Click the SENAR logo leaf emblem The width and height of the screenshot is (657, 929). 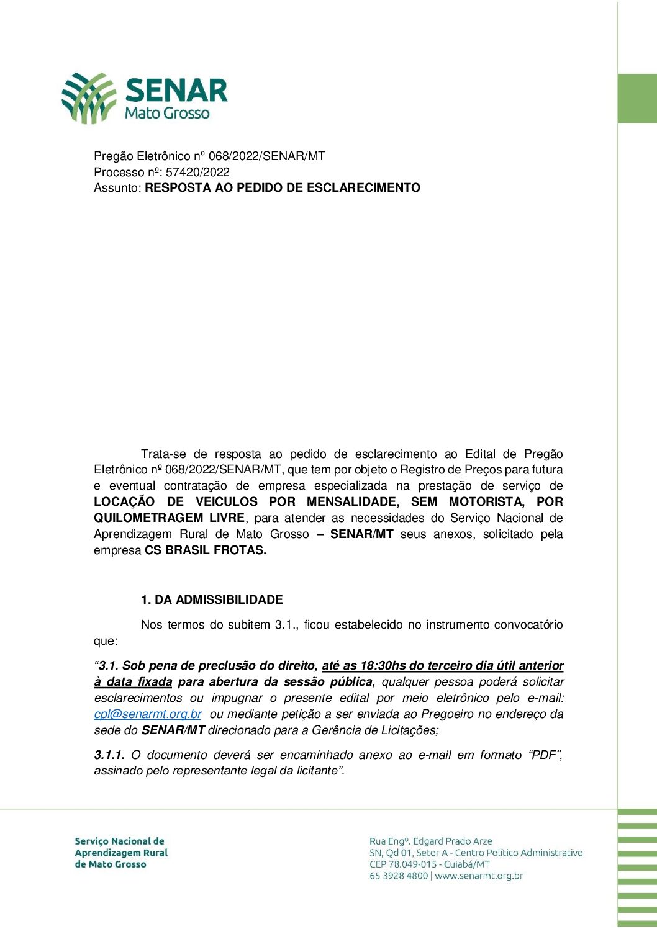pyautogui.click(x=89, y=98)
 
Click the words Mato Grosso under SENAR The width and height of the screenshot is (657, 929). pyautogui.click(x=167, y=113)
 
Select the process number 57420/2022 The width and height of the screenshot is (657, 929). pyautogui.click(x=197, y=172)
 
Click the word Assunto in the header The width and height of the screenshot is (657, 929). pyautogui.click(x=117, y=187)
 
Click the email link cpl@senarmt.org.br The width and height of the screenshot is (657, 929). pyautogui.click(x=148, y=714)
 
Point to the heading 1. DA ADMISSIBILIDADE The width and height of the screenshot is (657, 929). pyautogui.click(x=212, y=599)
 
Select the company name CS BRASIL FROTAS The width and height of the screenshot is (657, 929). pyautogui.click(x=205, y=550)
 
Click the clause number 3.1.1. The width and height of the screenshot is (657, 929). pyautogui.click(x=109, y=755)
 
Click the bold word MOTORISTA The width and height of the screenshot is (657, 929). pyautogui.click(x=486, y=501)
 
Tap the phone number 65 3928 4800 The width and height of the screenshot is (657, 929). pyautogui.click(x=399, y=876)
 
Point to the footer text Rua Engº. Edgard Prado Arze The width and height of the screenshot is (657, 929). pyautogui.click(x=430, y=841)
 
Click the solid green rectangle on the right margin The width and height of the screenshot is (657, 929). pyautogui.click(x=637, y=98)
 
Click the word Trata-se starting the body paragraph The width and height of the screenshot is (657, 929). pyautogui.click(x=163, y=454)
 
